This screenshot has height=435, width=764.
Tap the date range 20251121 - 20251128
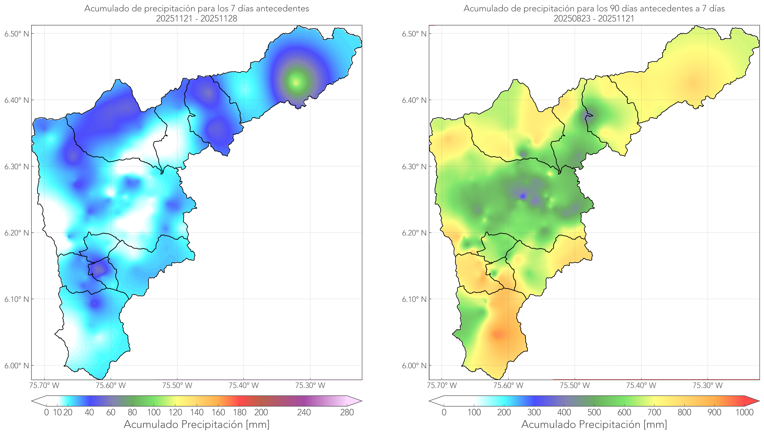197,18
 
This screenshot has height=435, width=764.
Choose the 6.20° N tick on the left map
17,233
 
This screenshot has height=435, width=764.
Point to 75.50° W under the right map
575,385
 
